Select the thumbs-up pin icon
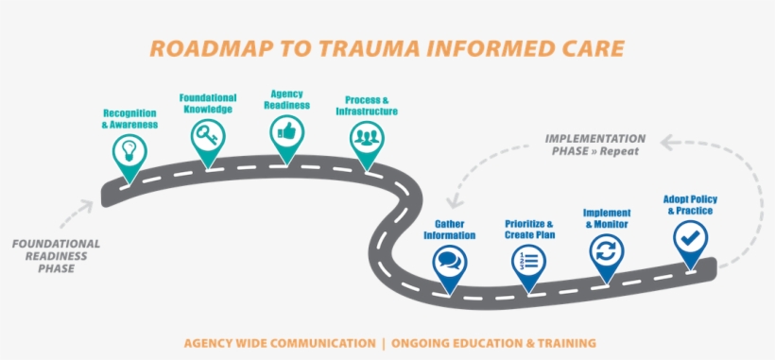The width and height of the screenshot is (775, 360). pos(286,132)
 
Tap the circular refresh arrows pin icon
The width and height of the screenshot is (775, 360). pos(606,251)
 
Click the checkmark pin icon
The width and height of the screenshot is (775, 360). pos(690,236)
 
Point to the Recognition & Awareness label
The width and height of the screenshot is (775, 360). pos(129,118)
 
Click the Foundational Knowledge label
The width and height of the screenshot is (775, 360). pos(207,103)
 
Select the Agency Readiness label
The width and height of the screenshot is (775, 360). pos(286,99)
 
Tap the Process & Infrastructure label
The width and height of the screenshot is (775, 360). pos(366,105)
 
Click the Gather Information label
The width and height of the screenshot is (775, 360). pos(449,230)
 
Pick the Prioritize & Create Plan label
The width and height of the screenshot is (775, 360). pos(529,230)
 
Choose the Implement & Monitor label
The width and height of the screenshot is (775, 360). pos(607,218)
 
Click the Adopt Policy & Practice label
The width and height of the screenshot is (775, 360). pos(690,205)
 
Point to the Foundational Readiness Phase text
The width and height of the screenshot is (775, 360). pos(56,256)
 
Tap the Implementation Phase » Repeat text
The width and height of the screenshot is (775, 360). pos(594,145)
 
